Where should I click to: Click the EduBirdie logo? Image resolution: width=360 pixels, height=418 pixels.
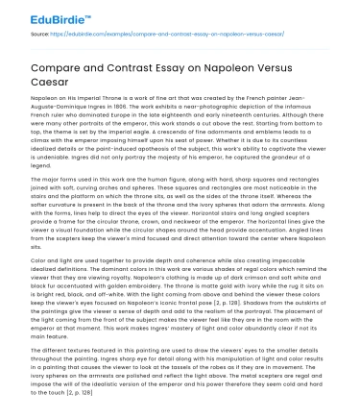45,13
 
